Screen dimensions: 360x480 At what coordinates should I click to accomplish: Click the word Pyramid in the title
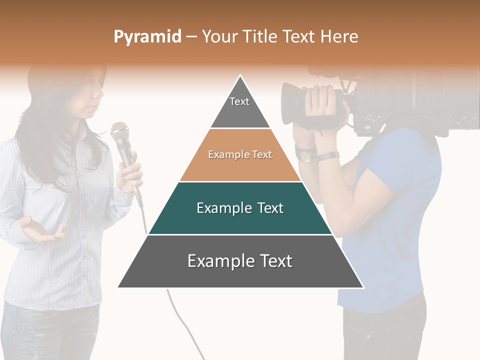click(x=147, y=37)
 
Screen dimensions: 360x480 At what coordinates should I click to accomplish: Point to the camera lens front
click(x=287, y=104)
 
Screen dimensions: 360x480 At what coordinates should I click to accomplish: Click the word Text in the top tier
click(x=239, y=101)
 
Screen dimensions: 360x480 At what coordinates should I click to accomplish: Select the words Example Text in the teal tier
click(x=240, y=208)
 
